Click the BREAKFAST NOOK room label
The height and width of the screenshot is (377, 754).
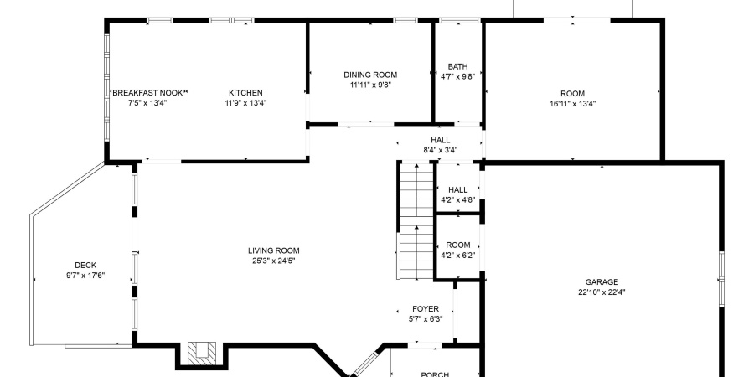[x=148, y=92]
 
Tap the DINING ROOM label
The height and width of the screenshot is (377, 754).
[x=370, y=74]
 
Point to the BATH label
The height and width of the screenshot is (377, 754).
[x=457, y=66]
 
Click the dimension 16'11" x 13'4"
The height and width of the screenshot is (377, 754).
[x=572, y=104]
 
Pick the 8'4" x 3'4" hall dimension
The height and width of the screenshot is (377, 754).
[x=440, y=151]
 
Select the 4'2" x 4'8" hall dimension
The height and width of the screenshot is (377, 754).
[x=457, y=200]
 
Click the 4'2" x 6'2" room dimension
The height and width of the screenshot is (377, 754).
[x=458, y=256]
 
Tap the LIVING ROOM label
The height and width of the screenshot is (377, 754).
[x=273, y=250]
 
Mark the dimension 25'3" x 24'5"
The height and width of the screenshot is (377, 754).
[x=273, y=261]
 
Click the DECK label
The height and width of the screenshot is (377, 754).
[x=85, y=265]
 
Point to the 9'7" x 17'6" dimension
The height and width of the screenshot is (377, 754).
[x=85, y=276]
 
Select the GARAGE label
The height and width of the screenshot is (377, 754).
[x=602, y=281]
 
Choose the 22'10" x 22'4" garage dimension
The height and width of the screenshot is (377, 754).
[x=602, y=292]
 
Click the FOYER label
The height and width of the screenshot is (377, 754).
[x=425, y=308]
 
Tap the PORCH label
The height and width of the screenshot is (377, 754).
[x=434, y=374]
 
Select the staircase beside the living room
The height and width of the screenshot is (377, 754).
[x=414, y=222]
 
